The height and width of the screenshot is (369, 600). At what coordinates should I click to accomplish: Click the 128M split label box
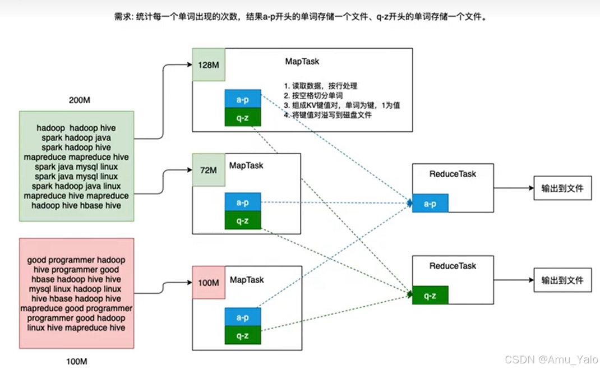tap(209, 64)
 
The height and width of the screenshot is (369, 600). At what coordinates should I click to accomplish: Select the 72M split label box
tap(209, 170)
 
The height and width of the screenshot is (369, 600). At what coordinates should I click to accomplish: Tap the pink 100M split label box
tap(208, 283)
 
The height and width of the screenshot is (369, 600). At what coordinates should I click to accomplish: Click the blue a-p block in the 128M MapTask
tap(243, 99)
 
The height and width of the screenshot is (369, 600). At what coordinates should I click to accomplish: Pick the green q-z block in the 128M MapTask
tap(243, 117)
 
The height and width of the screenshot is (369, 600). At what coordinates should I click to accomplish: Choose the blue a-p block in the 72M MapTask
tap(243, 203)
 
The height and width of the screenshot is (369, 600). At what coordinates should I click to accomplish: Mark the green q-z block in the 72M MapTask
tap(243, 220)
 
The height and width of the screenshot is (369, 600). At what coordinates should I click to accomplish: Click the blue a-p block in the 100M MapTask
tap(243, 317)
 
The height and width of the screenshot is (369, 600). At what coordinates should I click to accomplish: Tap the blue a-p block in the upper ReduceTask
tap(430, 204)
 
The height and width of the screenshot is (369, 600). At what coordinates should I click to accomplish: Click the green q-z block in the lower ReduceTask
tap(430, 295)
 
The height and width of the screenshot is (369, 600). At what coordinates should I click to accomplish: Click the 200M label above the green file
tap(79, 100)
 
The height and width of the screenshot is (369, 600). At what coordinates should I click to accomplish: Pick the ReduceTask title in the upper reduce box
tap(453, 174)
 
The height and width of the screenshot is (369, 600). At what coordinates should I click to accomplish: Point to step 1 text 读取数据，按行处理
tap(320, 86)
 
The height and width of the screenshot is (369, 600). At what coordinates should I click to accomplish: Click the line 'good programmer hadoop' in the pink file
tap(76, 260)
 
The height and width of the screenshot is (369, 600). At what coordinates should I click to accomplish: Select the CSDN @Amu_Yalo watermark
tap(551, 359)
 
